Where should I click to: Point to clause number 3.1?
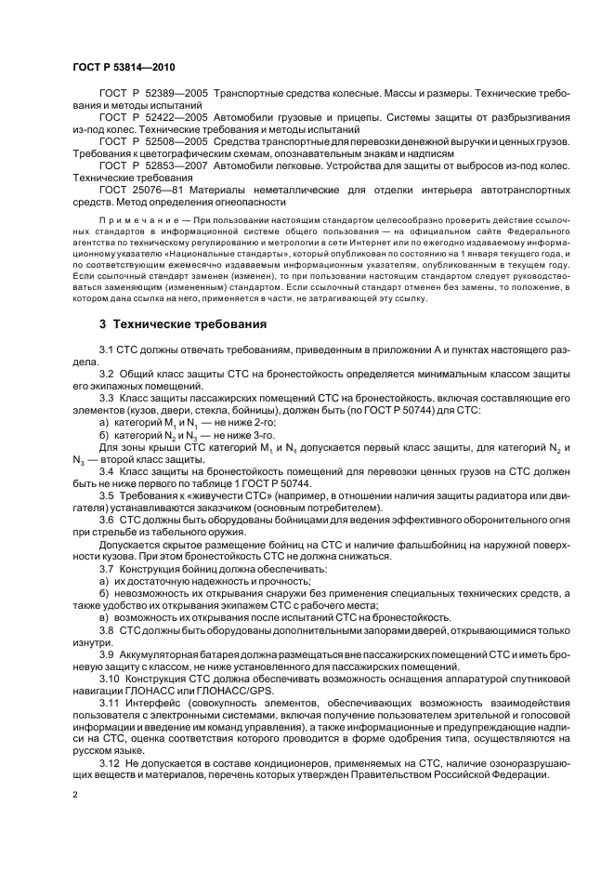click(x=107, y=349)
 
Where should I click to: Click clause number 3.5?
click(x=107, y=496)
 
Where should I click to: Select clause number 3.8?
click(x=107, y=631)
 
